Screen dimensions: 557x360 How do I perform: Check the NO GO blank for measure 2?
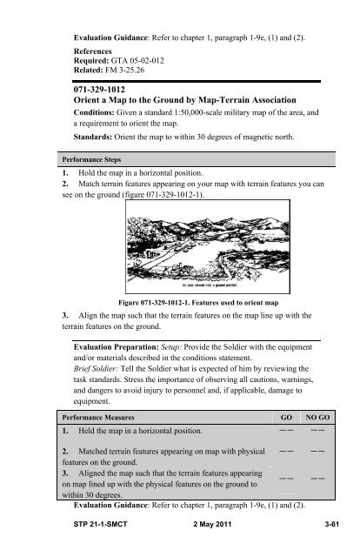(320, 453)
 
